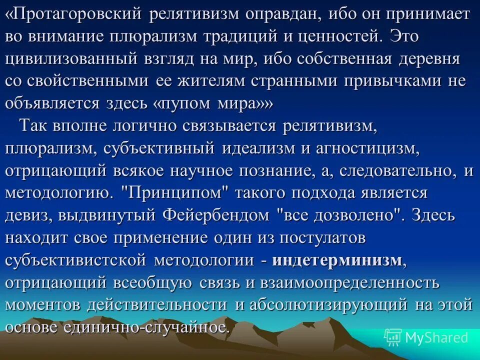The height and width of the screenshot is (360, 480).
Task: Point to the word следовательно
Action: (397, 171)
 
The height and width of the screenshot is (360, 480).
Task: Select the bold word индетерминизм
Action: (338, 261)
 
